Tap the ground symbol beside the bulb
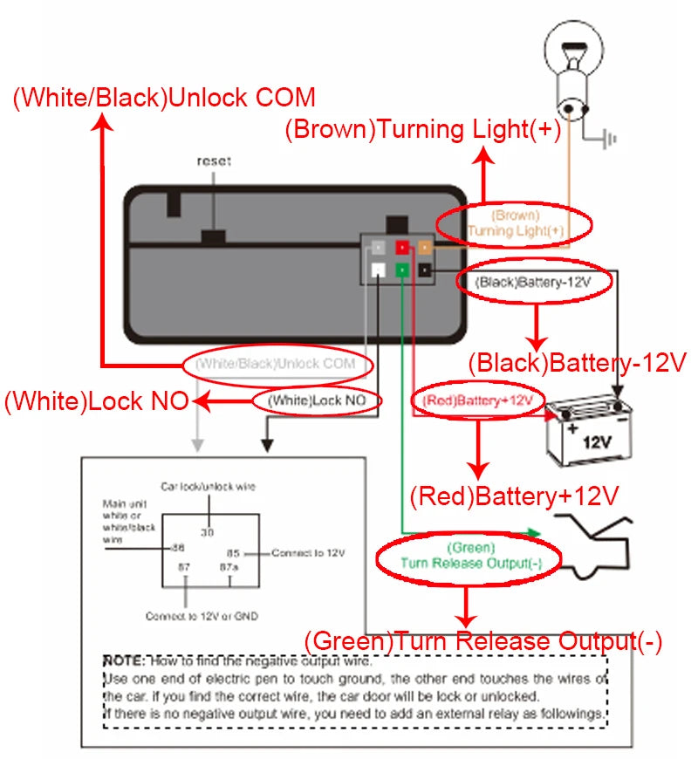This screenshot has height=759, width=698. tap(609, 138)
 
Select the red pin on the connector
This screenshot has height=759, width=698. tap(402, 248)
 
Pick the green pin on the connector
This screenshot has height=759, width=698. tap(402, 270)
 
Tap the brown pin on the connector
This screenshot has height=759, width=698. tap(425, 248)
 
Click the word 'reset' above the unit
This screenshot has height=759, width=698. tap(214, 161)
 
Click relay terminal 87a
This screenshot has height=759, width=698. tap(229, 566)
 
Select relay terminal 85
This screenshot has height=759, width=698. tap(233, 552)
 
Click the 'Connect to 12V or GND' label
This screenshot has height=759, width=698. tap(202, 616)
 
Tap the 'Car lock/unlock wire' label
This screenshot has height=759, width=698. tap(208, 486)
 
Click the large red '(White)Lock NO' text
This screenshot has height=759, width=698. tap(96, 402)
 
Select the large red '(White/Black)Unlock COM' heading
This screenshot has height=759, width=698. tap(164, 97)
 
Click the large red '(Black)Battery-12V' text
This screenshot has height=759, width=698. tap(578, 362)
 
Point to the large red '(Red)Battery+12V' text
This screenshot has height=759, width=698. tap(514, 496)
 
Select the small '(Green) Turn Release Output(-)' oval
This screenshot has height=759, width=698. tap(470, 557)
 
